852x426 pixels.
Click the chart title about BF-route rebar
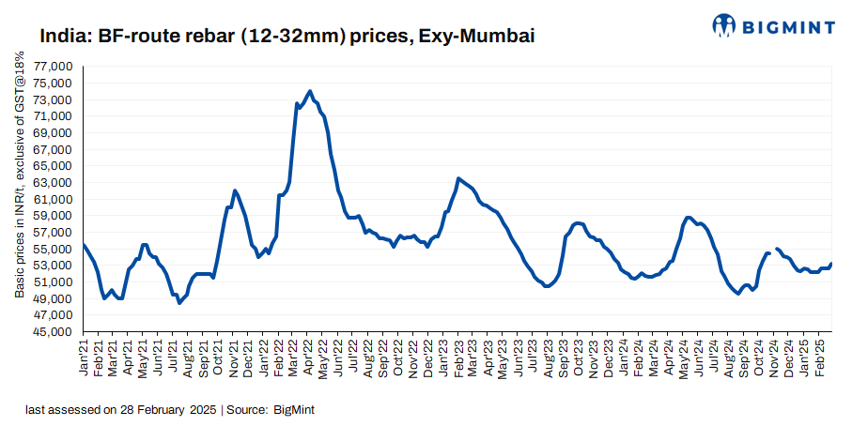pyautogui.click(x=287, y=37)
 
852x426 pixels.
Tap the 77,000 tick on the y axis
pyautogui.click(x=54, y=68)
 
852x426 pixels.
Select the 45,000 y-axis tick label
pyautogui.click(x=54, y=332)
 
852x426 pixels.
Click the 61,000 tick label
pyautogui.click(x=54, y=200)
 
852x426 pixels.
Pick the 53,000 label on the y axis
pyautogui.click(x=54, y=266)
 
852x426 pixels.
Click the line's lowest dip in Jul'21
pyautogui.click(x=179, y=302)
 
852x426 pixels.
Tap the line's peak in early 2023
pyautogui.click(x=458, y=178)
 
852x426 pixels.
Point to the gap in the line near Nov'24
pyautogui.click(x=773, y=251)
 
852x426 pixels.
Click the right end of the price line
pyautogui.click(x=831, y=264)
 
